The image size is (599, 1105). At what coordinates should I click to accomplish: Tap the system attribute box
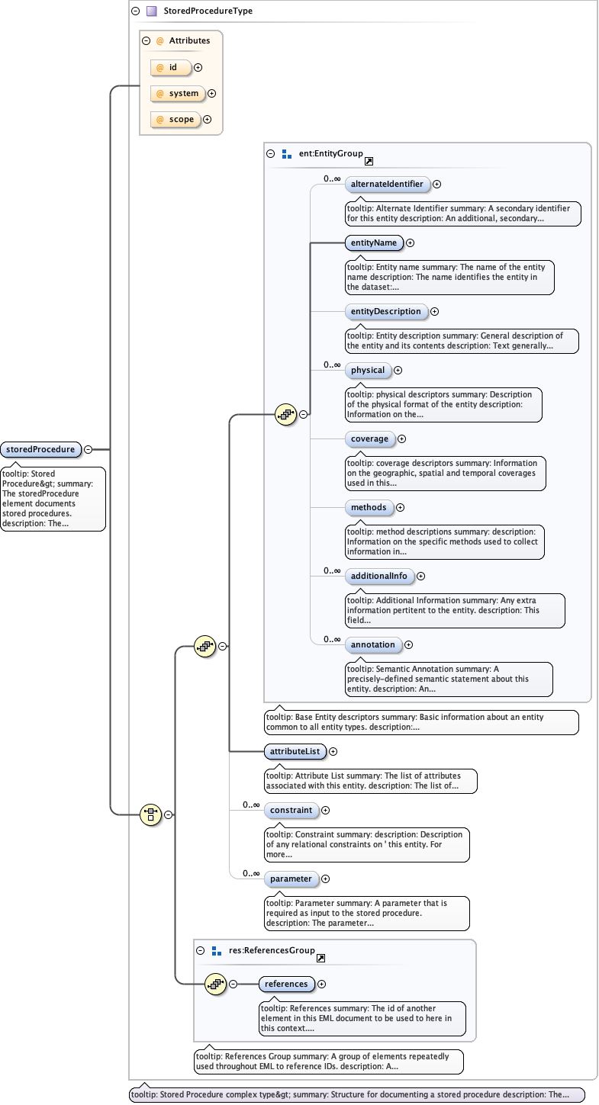(178, 93)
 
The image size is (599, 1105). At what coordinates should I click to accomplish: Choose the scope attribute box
(176, 119)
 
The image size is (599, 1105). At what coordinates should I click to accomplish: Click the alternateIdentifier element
(387, 184)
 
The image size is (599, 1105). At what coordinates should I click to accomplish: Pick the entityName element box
(373, 243)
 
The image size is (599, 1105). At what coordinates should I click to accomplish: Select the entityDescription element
(385, 311)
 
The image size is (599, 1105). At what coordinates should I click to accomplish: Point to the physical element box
(368, 370)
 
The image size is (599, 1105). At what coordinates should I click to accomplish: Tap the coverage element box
(369, 438)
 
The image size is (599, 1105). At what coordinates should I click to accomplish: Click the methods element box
(369, 507)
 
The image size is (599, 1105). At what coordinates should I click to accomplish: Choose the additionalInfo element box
(378, 576)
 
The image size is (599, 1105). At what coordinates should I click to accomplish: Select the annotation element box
(372, 644)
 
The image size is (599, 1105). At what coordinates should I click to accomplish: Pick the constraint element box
(291, 810)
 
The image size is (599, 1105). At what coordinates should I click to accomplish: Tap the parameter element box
(291, 879)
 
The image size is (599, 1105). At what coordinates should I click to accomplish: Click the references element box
(286, 984)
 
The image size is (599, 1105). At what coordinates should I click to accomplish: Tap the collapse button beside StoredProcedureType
(135, 11)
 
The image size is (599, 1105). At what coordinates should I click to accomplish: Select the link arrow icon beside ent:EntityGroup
(369, 161)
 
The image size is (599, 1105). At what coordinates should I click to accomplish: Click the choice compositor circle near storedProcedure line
(151, 814)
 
